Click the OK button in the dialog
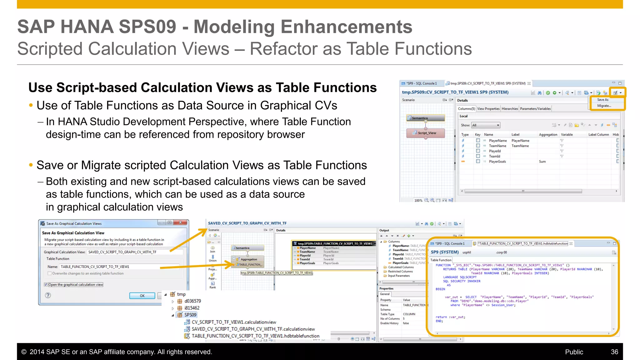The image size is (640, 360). (x=142, y=296)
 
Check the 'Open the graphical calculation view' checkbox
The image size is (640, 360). (x=46, y=285)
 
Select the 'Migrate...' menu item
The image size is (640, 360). (x=604, y=106)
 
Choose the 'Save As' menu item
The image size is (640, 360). (x=602, y=100)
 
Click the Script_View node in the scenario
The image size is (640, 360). (x=426, y=133)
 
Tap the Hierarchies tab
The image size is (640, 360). (x=510, y=109)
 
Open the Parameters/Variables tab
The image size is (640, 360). (x=535, y=109)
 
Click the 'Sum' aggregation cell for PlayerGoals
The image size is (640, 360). (x=542, y=162)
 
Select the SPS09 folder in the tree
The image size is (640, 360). (x=190, y=315)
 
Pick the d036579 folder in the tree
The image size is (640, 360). (x=192, y=301)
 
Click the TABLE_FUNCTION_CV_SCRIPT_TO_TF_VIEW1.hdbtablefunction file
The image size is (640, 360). (x=255, y=336)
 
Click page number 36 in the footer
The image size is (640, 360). (x=614, y=352)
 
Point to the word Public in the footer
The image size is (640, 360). (x=574, y=352)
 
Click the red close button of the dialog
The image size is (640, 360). (x=180, y=222)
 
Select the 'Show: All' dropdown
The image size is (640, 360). (x=486, y=125)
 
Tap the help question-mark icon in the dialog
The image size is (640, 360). (x=48, y=295)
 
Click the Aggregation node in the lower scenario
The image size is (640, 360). (x=248, y=259)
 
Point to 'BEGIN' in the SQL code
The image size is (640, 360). (x=440, y=289)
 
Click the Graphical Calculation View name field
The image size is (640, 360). (x=134, y=252)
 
